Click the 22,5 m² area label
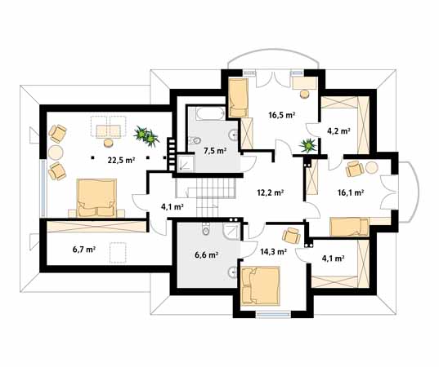(x=121, y=160)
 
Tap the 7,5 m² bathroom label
(x=215, y=151)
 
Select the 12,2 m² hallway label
(x=271, y=192)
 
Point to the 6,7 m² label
(x=84, y=249)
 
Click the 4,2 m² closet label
(x=338, y=130)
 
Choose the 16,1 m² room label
(x=351, y=192)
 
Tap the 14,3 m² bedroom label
(x=273, y=252)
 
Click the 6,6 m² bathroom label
(x=206, y=254)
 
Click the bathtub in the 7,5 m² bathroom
(x=210, y=113)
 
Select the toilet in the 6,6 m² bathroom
(x=206, y=230)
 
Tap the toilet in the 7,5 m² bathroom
(x=195, y=140)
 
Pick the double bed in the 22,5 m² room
(x=96, y=198)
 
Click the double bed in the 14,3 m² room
(x=261, y=285)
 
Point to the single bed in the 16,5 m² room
(x=238, y=98)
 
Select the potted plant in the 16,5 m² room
(x=308, y=145)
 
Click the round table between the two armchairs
(x=56, y=153)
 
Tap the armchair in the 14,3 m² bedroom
(x=291, y=235)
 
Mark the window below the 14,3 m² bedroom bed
(x=273, y=315)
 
